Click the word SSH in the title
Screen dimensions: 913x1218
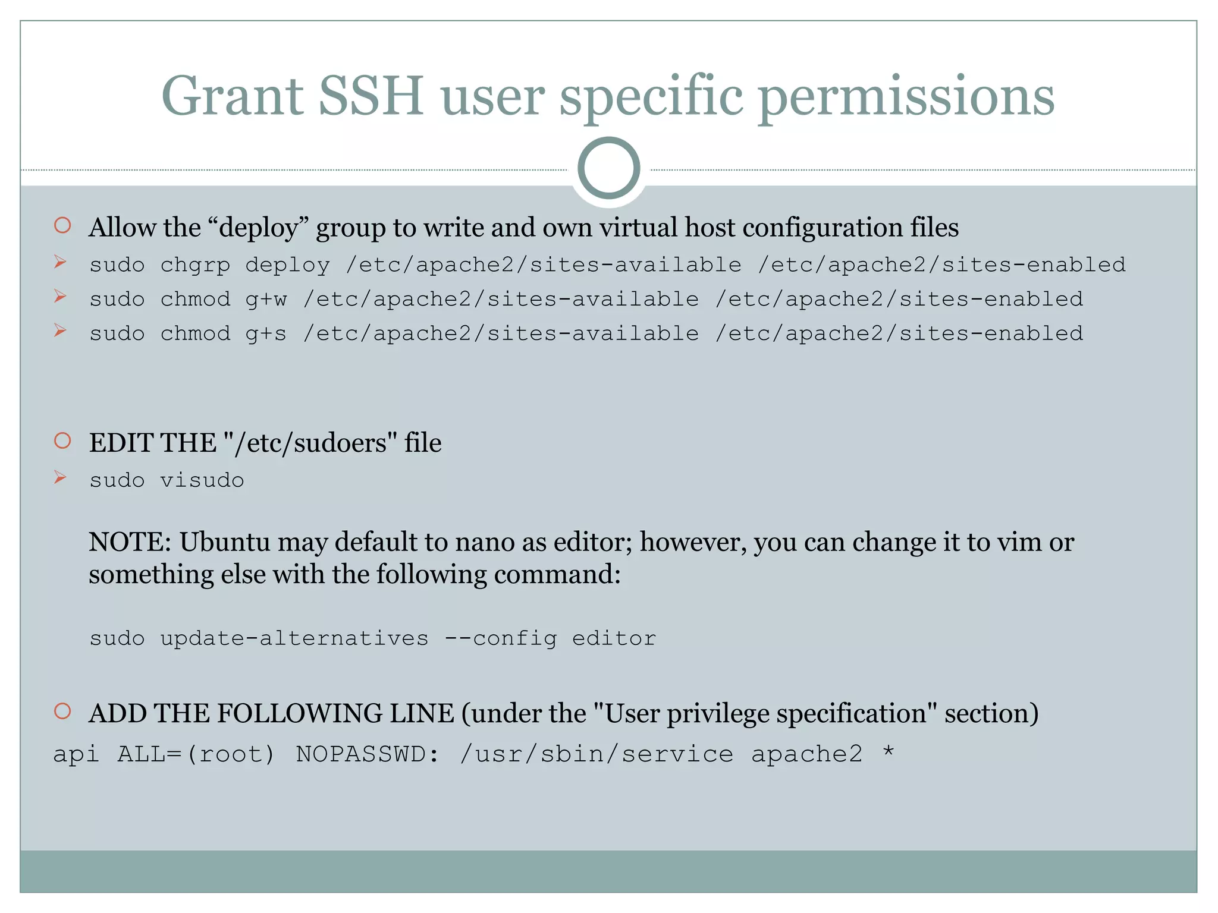(371, 96)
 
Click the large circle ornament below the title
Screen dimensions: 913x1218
(608, 168)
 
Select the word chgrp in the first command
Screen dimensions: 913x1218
(195, 265)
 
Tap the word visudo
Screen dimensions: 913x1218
(202, 480)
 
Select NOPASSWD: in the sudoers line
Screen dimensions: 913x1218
(368, 755)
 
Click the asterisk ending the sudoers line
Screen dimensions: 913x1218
(888, 753)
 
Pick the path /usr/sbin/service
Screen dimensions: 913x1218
(597, 755)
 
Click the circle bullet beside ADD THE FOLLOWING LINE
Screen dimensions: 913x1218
(62, 711)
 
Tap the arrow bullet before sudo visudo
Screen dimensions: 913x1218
(60, 477)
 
